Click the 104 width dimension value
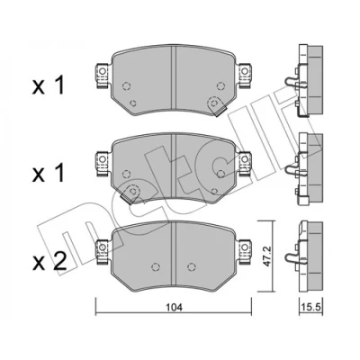[175, 308]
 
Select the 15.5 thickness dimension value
[311, 307]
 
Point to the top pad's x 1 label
[49, 85]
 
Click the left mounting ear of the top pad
[103, 76]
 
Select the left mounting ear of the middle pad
[103, 164]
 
